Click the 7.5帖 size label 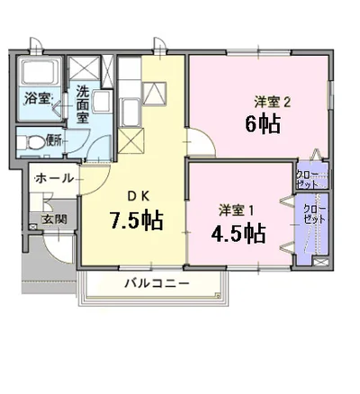point(136,220)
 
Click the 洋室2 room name point(272,102)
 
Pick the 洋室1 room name point(237,210)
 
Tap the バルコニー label point(156,284)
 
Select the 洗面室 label point(82,104)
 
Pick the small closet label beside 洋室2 point(305,179)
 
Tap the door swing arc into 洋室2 point(195,139)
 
